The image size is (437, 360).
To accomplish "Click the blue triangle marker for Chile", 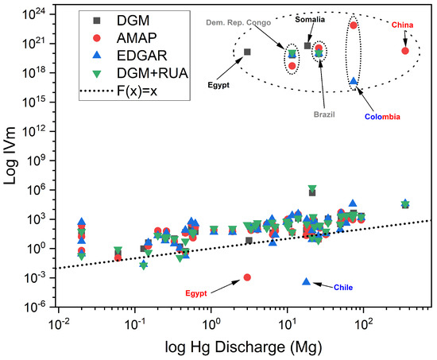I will (307, 281).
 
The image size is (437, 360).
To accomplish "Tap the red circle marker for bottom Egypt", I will (247, 277).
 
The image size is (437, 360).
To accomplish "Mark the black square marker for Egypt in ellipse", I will (247, 52).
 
